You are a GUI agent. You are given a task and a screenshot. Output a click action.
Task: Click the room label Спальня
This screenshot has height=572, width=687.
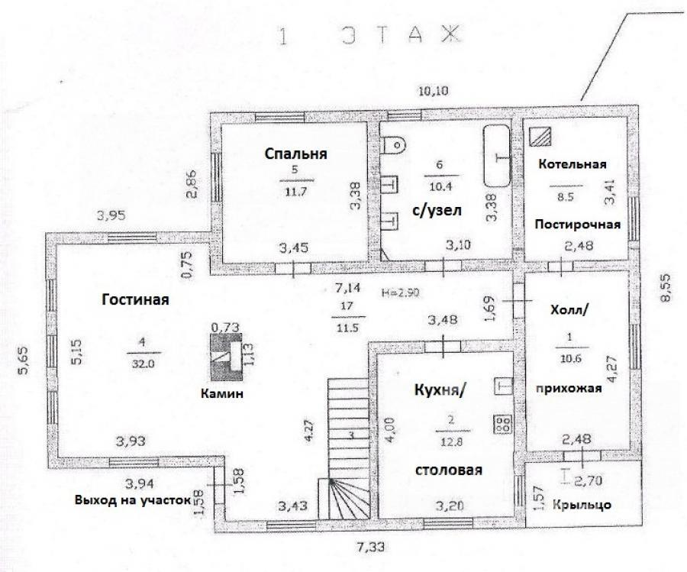pyautogui.click(x=295, y=154)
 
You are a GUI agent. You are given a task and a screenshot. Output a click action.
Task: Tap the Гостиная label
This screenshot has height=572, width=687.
pyautogui.click(x=135, y=300)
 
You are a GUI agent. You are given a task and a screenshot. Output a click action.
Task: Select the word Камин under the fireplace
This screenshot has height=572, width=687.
pyautogui.click(x=221, y=393)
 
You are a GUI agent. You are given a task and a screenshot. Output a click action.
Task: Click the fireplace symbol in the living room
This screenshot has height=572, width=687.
pyautogui.click(x=226, y=357)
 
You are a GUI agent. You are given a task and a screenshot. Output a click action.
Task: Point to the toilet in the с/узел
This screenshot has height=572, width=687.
pyautogui.click(x=393, y=144)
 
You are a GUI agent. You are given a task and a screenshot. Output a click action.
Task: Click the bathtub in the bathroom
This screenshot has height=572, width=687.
pyautogui.click(x=497, y=155)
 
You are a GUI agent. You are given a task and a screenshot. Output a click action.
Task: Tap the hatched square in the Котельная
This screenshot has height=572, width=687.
pyautogui.click(x=540, y=136)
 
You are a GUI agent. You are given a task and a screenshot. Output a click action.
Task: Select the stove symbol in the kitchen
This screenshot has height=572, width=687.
pyautogui.click(x=503, y=424)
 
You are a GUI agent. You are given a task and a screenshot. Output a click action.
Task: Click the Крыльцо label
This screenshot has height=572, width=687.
pyautogui.click(x=582, y=505)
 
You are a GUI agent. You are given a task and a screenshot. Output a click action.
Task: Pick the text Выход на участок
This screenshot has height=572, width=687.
pyautogui.click(x=133, y=500)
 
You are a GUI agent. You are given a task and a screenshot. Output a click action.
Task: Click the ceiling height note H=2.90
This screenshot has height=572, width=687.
pyautogui.click(x=400, y=292)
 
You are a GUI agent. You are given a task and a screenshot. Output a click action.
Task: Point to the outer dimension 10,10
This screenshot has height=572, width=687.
pyautogui.click(x=434, y=91)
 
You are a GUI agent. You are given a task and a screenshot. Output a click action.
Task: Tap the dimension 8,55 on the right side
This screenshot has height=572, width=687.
pyautogui.click(x=665, y=288)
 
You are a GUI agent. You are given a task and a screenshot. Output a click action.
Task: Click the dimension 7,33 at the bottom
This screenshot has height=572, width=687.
pyautogui.click(x=371, y=547)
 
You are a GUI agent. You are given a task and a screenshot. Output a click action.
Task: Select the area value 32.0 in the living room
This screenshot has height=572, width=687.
pyautogui.click(x=144, y=364)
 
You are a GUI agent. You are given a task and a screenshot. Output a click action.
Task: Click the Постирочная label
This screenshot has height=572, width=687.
pyautogui.click(x=578, y=225)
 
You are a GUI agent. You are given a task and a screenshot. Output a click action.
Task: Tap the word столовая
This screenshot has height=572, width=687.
pyautogui.click(x=448, y=470)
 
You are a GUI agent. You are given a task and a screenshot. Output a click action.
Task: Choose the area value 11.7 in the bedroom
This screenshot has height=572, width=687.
pyautogui.click(x=296, y=192)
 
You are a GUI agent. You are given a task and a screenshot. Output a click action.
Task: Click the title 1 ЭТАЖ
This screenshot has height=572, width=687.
pyautogui.click(x=369, y=35)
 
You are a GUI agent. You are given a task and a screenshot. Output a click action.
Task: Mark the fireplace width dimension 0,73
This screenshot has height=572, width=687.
pyautogui.click(x=225, y=327)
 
